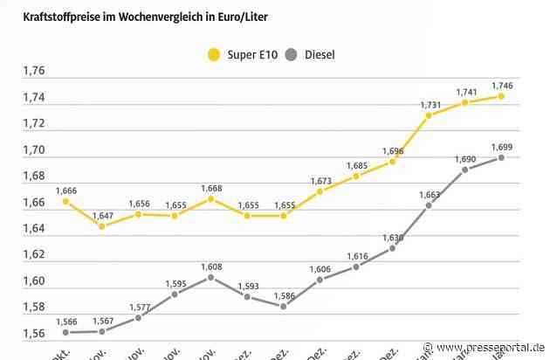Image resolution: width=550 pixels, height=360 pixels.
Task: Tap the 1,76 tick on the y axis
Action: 35,71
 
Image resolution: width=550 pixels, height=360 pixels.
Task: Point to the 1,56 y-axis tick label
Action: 35,333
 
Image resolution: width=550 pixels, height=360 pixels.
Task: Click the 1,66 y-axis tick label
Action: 35,203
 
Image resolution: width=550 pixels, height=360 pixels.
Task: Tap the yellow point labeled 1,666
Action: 65,201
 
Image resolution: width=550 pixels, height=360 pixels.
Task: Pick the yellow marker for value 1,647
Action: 101,226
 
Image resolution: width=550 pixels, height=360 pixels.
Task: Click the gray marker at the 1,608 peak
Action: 210,277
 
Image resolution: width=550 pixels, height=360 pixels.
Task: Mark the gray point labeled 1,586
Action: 283,306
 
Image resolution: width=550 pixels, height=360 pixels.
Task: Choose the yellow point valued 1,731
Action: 429,115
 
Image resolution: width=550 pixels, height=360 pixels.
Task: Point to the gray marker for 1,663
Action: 429,205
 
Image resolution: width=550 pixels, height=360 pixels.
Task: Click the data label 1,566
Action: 65,320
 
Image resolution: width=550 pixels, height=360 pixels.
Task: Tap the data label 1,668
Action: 210,187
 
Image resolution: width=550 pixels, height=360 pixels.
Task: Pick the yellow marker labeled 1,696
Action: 392,162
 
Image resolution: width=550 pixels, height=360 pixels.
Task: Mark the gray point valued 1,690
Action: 464,170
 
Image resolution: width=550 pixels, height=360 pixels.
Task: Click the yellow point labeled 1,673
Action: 320,191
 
